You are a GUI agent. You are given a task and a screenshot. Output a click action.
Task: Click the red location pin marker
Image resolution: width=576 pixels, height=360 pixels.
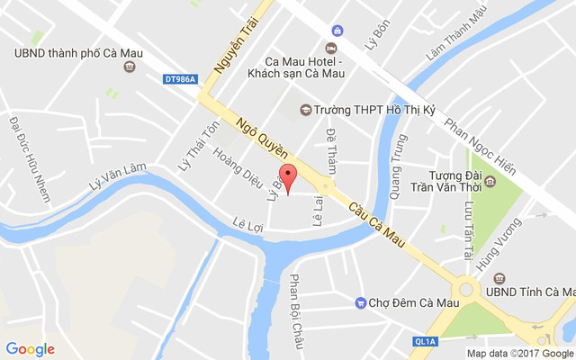[x=287, y=176]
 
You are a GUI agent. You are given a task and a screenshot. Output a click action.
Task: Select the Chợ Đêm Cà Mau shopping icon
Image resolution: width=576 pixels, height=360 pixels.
[x=360, y=303]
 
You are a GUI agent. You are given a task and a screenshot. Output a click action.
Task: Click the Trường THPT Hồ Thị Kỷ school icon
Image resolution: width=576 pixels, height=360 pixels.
[x=305, y=110]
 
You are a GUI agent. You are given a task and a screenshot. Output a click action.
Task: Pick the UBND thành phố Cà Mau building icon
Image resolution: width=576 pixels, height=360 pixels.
[x=130, y=67]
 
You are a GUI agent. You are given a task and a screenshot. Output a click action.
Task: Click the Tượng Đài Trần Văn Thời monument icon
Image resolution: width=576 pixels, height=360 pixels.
[x=490, y=181]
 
